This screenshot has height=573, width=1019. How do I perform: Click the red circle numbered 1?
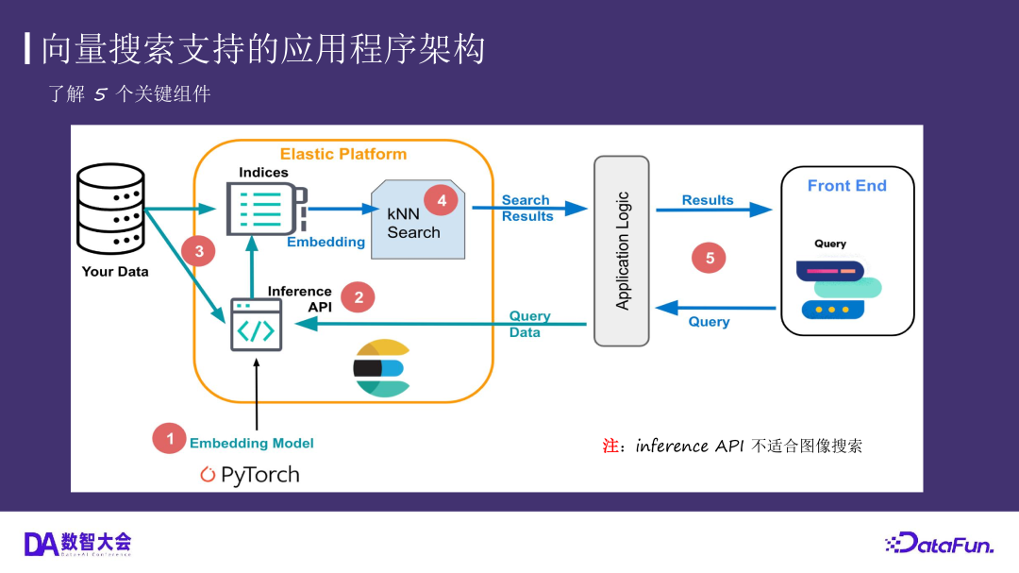coord(170,438)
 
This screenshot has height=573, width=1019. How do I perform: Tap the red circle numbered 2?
coord(359,297)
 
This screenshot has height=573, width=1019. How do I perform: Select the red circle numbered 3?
coord(199,251)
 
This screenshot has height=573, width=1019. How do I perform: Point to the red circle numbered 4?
coord(441,200)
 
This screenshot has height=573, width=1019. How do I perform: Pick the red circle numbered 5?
coord(710,258)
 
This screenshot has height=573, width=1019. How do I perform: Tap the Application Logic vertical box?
coord(622,250)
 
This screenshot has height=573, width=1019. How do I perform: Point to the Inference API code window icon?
coord(256,325)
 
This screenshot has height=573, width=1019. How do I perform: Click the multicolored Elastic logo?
coord(381,368)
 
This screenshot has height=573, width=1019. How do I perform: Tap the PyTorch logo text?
coord(250,475)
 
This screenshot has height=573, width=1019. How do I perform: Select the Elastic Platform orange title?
coord(343,154)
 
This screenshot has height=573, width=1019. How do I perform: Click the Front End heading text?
coord(846,186)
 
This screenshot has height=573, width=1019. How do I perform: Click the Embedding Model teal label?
coord(251,443)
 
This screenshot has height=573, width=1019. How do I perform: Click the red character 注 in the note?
coord(610,446)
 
